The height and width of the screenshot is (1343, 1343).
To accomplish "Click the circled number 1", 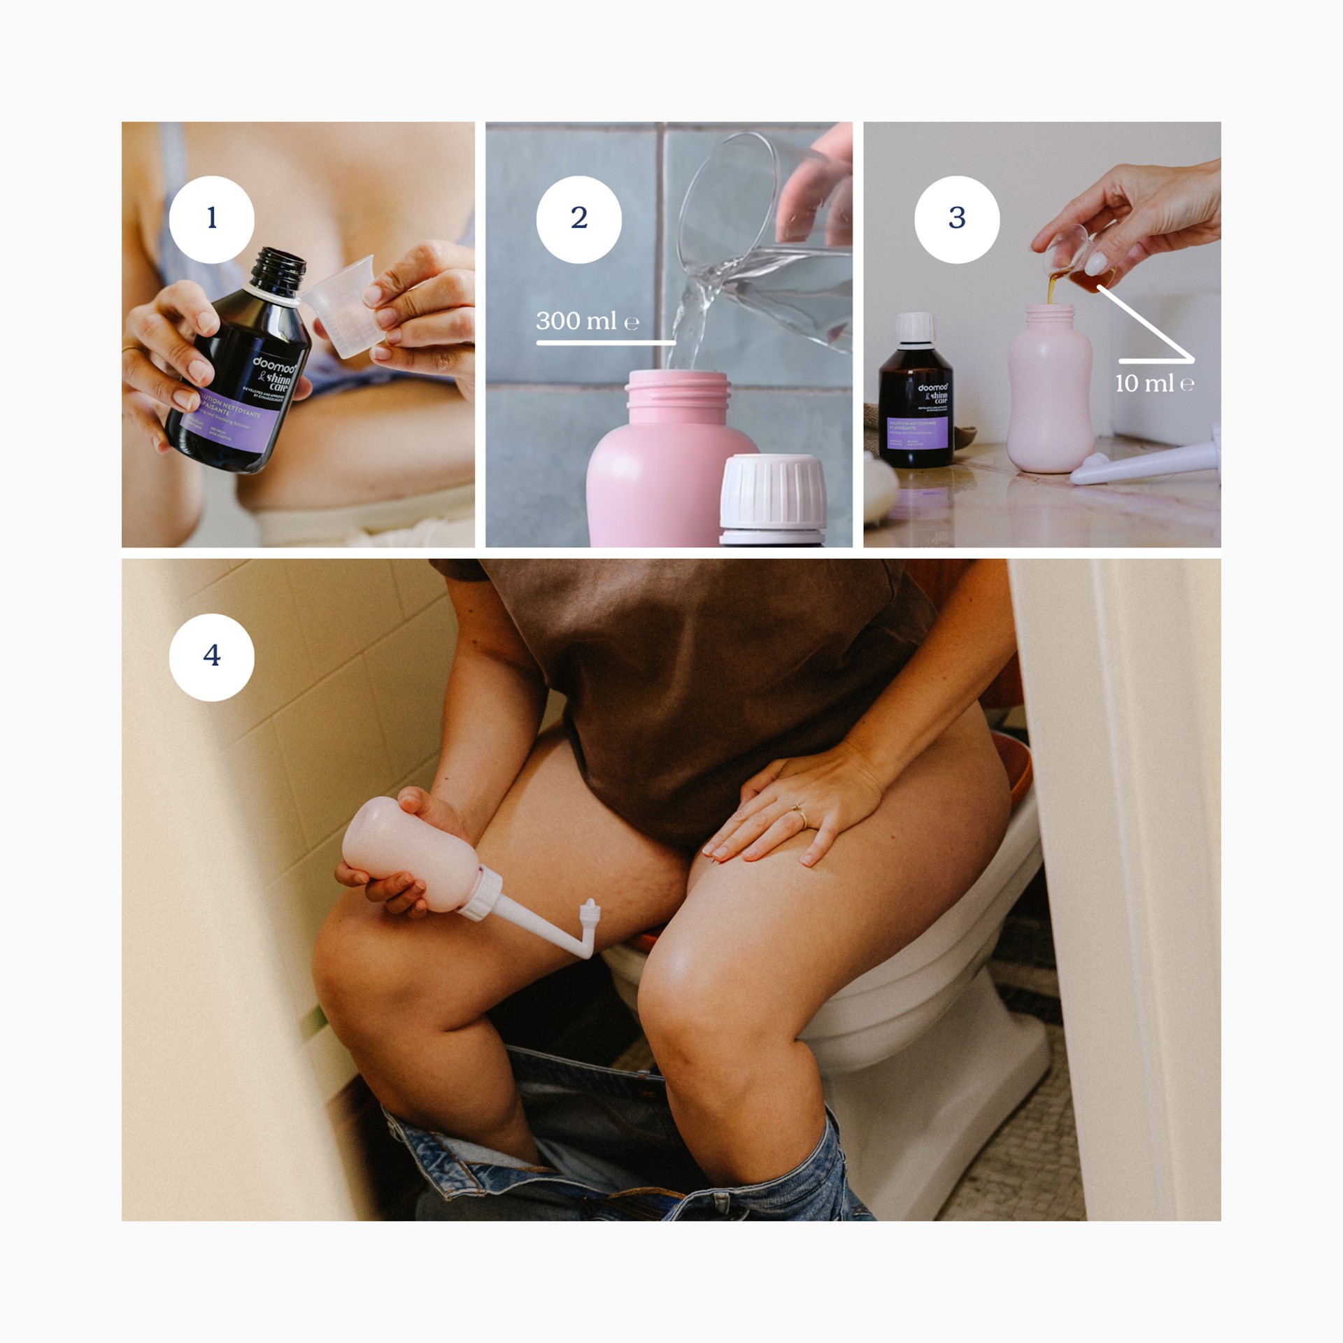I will [x=211, y=219].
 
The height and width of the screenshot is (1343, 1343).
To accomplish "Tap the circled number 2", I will [x=578, y=219].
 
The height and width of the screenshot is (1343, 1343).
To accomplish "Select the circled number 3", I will [x=956, y=219].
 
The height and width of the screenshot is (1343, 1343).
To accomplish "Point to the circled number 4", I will [x=211, y=656].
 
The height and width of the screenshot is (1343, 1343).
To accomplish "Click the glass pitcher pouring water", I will [x=769, y=259].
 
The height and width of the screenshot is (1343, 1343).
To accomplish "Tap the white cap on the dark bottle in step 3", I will [x=915, y=327].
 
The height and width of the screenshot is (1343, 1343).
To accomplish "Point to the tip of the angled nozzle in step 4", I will [x=589, y=905].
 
